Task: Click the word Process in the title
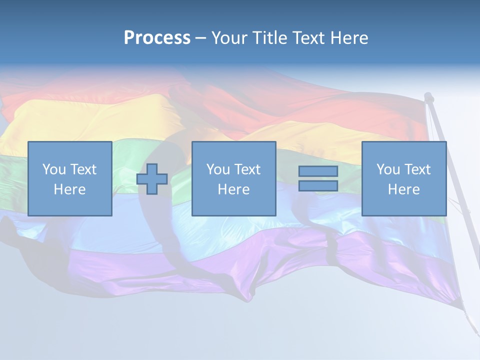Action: (x=157, y=38)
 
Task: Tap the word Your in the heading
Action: (x=229, y=38)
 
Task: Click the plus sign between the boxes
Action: (x=152, y=179)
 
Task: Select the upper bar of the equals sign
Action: (x=318, y=171)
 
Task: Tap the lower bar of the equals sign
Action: (x=318, y=185)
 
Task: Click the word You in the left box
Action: (x=54, y=169)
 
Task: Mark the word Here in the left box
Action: (x=69, y=189)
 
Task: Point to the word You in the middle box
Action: (x=218, y=169)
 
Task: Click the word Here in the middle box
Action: (x=233, y=189)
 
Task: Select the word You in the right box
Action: (x=388, y=169)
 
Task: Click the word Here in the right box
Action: (x=403, y=189)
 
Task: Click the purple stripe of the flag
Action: (x=200, y=265)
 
